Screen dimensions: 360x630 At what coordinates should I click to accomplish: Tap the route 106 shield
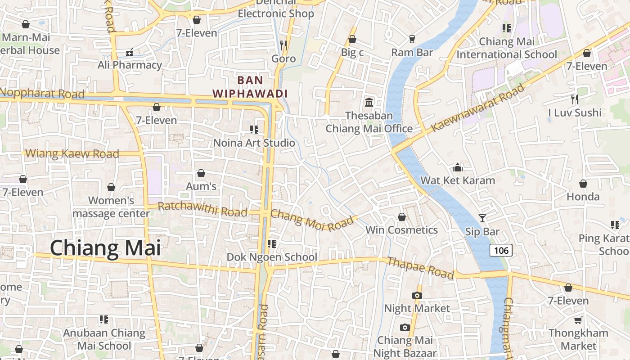pyautogui.click(x=501, y=251)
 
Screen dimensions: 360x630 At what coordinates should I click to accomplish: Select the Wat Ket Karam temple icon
pyautogui.click(x=458, y=167)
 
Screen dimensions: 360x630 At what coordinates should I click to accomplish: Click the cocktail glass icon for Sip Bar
pyautogui.click(x=482, y=218)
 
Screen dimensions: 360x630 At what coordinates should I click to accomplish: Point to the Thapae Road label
pyautogui.click(x=420, y=268)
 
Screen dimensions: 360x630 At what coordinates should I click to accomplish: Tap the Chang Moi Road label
pyautogui.click(x=312, y=220)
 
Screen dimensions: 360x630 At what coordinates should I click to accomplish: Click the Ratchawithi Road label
pyautogui.click(x=202, y=209)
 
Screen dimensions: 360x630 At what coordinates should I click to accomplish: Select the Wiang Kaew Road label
pyautogui.click(x=72, y=153)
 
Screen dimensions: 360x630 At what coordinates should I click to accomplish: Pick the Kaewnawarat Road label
pyautogui.click(x=477, y=108)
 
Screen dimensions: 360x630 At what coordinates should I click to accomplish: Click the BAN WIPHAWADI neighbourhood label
pyautogui.click(x=250, y=87)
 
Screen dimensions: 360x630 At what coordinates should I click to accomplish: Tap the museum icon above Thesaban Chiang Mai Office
pyautogui.click(x=369, y=102)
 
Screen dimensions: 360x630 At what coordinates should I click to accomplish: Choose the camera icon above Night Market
pyautogui.click(x=417, y=295)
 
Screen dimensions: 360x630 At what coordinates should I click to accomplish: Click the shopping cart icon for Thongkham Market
pyautogui.click(x=578, y=320)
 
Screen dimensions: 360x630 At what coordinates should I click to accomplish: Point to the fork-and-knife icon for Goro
pyautogui.click(x=283, y=45)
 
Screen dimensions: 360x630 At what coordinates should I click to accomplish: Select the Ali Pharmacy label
pyautogui.click(x=130, y=65)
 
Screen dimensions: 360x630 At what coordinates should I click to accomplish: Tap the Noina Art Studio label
pyautogui.click(x=254, y=143)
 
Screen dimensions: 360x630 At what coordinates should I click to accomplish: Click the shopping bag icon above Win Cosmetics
pyautogui.click(x=402, y=217)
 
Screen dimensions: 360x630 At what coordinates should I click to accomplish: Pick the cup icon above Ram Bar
pyautogui.click(x=412, y=39)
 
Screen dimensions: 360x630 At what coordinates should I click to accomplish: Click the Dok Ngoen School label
pyautogui.click(x=272, y=257)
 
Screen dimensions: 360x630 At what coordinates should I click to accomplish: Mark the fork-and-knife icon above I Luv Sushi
pyautogui.click(x=575, y=99)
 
